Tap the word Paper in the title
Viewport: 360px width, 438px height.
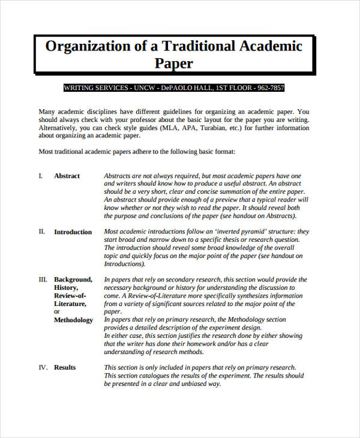[174, 63]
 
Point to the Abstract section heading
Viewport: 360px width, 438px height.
[67, 176]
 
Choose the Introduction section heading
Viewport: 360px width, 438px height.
[73, 232]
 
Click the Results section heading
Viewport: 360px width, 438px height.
[65, 367]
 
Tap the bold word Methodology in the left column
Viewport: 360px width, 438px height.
[73, 320]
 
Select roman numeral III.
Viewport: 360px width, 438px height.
[43, 280]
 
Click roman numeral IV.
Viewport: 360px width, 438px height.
[43, 367]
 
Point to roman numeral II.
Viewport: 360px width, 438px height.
[41, 232]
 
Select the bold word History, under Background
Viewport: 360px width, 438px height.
[66, 288]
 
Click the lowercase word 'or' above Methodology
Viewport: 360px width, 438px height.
[57, 312]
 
